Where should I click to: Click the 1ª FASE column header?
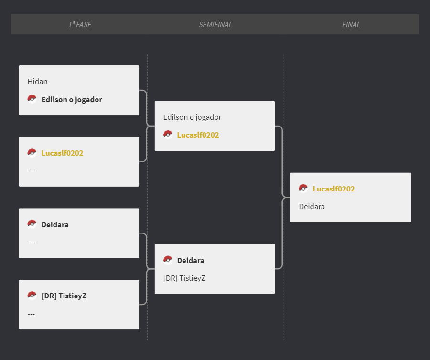pos(80,25)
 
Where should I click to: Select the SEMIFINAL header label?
pos(215,25)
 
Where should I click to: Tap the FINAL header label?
pos(351,25)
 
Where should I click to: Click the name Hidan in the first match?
pos(38,81)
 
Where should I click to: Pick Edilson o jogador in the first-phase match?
pos(72,99)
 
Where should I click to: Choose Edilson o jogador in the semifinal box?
pos(192,117)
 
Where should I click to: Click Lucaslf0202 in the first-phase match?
pos(62,153)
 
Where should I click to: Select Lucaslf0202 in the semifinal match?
pos(198,135)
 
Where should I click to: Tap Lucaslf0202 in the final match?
pos(333,189)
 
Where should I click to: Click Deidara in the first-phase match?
pos(55,225)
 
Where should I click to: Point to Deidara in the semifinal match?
pos(191,260)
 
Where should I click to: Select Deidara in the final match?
pos(312,207)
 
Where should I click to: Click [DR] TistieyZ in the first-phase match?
pos(64,296)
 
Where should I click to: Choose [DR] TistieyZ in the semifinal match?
pos(184,278)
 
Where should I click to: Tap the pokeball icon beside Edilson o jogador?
pos(32,99)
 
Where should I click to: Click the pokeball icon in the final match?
pos(303,188)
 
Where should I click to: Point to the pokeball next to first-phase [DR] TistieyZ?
pos(32,296)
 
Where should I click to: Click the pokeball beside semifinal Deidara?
pos(168,260)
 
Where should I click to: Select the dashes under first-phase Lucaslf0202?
pos(31,171)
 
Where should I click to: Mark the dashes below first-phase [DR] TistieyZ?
pos(31,314)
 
